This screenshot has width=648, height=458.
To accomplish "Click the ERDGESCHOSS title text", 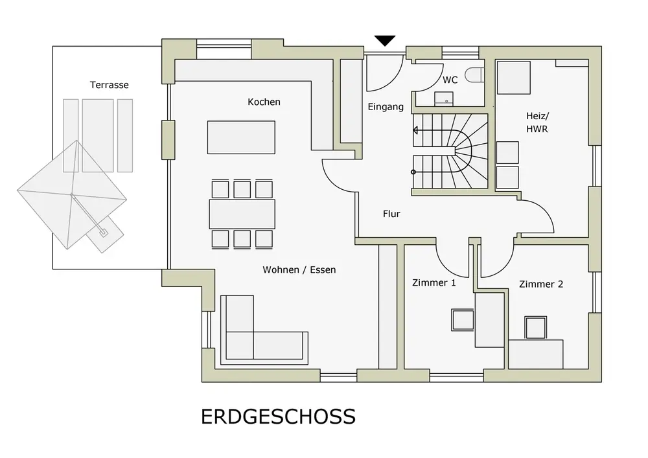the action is pyautogui.click(x=278, y=416).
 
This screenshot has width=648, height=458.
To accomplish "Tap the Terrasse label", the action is pyautogui.click(x=109, y=85).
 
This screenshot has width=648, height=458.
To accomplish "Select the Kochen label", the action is pyautogui.click(x=264, y=102).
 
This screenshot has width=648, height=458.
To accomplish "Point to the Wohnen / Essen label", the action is pyautogui.click(x=299, y=269).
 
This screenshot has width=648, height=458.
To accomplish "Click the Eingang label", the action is pyautogui.click(x=386, y=107).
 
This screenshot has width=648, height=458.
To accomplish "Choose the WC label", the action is pyautogui.click(x=450, y=80).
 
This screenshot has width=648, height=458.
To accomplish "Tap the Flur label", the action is pyautogui.click(x=391, y=214).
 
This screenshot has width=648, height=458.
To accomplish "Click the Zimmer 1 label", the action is pyautogui.click(x=434, y=282).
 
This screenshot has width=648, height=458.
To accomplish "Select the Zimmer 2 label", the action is pyautogui.click(x=541, y=284).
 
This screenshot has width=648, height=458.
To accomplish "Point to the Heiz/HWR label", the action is pyautogui.click(x=538, y=122).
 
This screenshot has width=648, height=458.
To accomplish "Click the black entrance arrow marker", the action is pyautogui.click(x=386, y=41).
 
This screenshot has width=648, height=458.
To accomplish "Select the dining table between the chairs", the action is pyautogui.click(x=242, y=214).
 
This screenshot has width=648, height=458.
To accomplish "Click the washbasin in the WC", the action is pyautogui.click(x=445, y=99).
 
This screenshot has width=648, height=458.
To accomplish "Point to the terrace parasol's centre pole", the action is pyautogui.click(x=70, y=193).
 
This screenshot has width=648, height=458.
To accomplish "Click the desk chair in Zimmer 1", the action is pyautogui.click(x=463, y=320).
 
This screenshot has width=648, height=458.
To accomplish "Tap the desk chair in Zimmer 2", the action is pyautogui.click(x=536, y=327).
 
